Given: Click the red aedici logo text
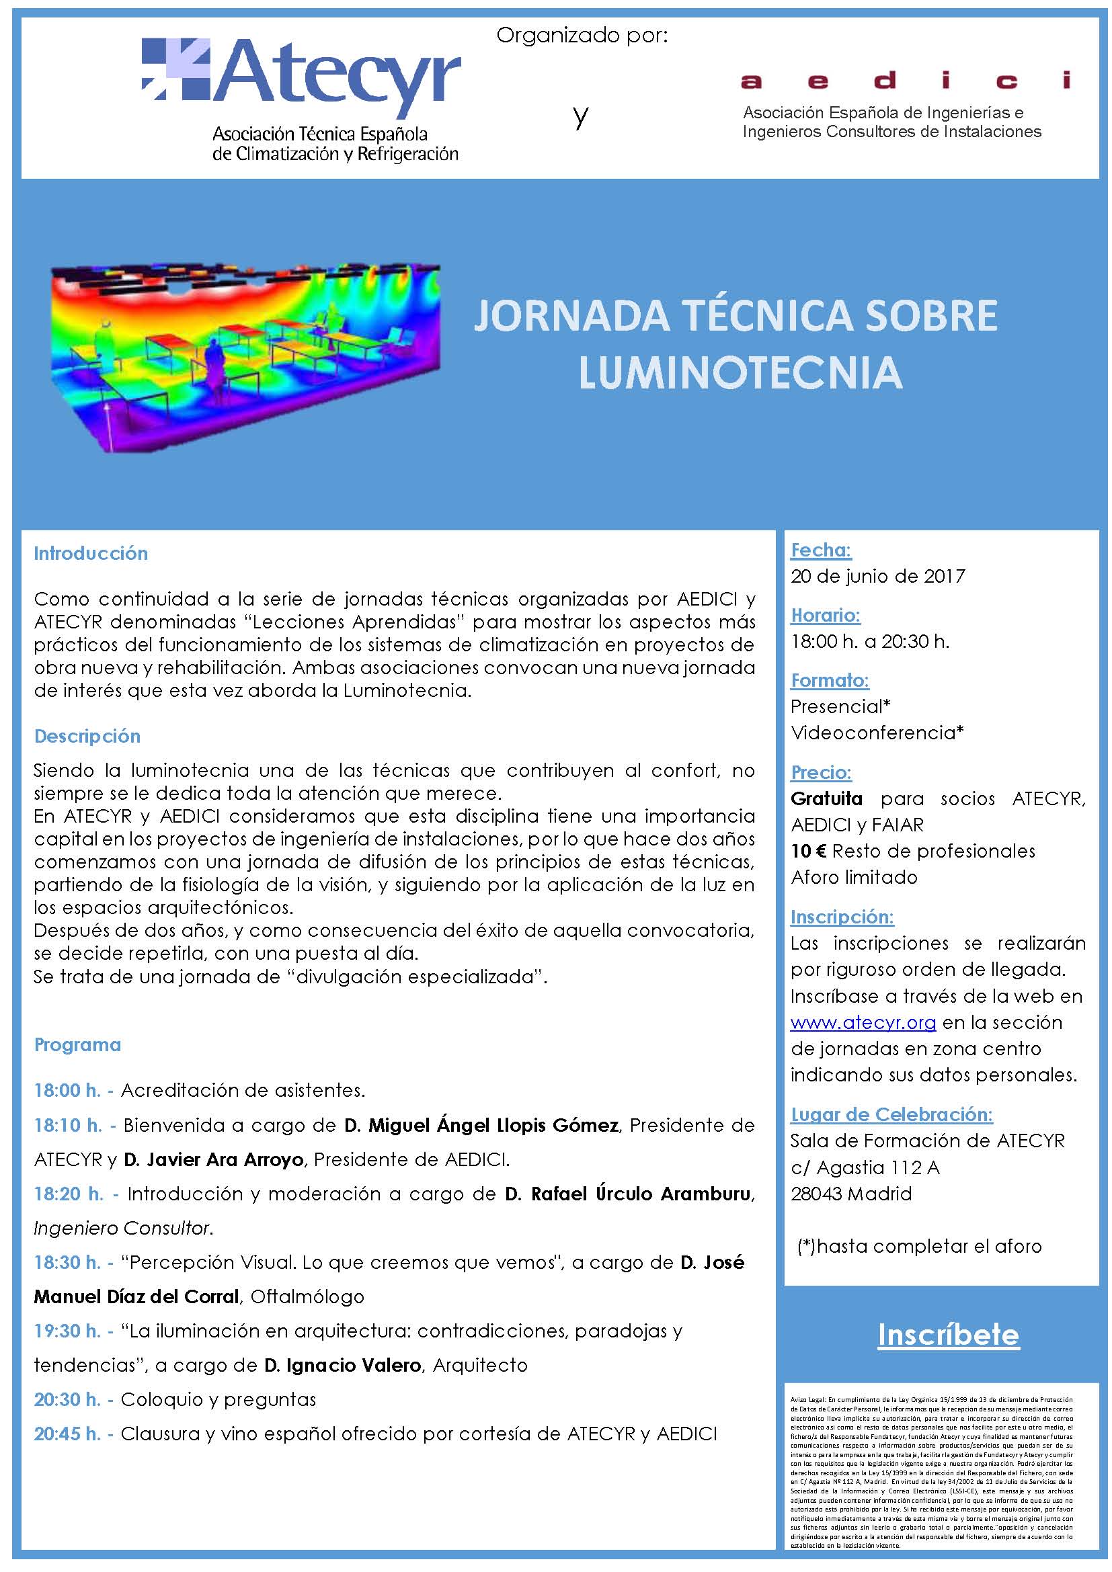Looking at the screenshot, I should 906,81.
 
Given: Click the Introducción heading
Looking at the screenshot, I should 91,553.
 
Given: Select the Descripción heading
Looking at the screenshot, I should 87,736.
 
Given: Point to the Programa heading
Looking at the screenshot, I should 77,1045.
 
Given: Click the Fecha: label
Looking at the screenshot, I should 821,550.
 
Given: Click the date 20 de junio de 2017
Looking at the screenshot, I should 878,576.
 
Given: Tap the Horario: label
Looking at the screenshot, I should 825,615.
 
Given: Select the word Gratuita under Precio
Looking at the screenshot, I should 826,798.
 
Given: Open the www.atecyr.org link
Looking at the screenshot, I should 863,1022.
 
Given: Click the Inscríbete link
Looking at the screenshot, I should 949,1335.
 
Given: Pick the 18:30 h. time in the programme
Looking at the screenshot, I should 68,1263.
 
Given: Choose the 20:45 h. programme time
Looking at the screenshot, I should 68,1434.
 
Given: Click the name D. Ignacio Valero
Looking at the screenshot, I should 342,1365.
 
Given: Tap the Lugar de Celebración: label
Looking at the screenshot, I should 891,1114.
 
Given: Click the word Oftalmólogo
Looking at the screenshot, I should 307,1296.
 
